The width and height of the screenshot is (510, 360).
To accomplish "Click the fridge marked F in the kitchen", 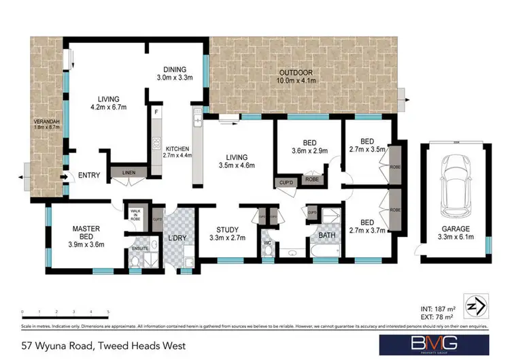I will click(156, 111).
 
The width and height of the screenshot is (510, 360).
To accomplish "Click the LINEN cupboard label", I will click(129, 173).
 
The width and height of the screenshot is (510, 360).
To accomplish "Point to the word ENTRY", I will click(88, 176).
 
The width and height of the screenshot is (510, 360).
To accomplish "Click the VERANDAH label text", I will click(47, 127).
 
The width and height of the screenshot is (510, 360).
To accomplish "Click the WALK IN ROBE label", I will click(135, 215).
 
